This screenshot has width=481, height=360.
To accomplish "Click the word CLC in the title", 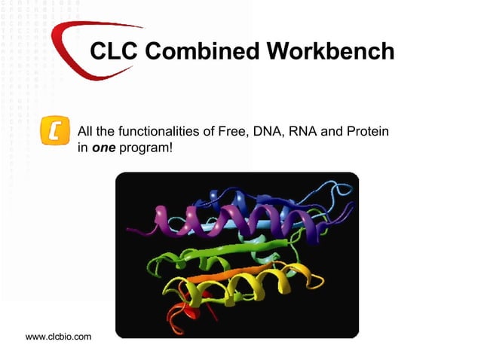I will coord(114,52).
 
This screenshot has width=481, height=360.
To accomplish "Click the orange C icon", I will coord(54,130).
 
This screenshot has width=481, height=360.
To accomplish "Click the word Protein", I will coord(367,132).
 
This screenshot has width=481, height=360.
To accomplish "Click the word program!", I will coord(146,148).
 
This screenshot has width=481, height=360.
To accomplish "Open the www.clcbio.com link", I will coord(58,336).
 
